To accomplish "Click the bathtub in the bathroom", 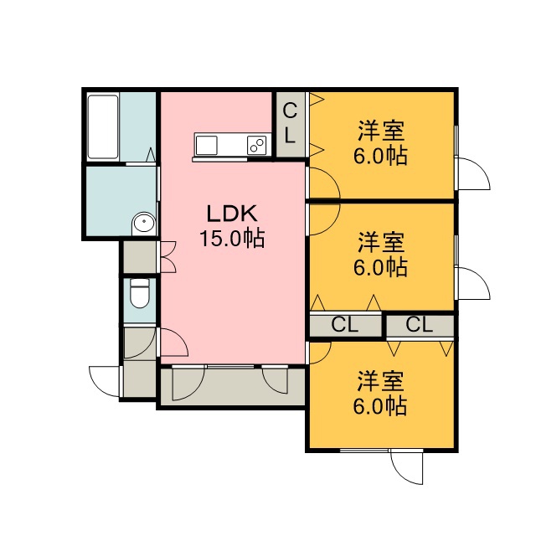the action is pos(103,127).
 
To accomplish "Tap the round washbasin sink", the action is pos(144,224).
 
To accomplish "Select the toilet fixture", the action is pos(140,293).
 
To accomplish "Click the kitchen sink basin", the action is pos(206,145).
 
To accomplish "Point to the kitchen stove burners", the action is pos(257,145).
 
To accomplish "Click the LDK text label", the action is pos(232,214).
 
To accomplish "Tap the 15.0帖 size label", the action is pos(232,238).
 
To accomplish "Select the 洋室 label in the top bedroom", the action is pos(381,131).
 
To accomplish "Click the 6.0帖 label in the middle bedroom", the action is pos(380,267).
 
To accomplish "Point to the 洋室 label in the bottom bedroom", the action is pos(381,381).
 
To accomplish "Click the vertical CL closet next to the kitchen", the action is pos(291,125).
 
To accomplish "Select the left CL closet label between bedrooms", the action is pos(344,325).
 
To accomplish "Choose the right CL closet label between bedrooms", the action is pos(420,324).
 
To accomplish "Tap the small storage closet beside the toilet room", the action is pos(140,257).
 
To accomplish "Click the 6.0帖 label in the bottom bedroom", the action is pos(380,405).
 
